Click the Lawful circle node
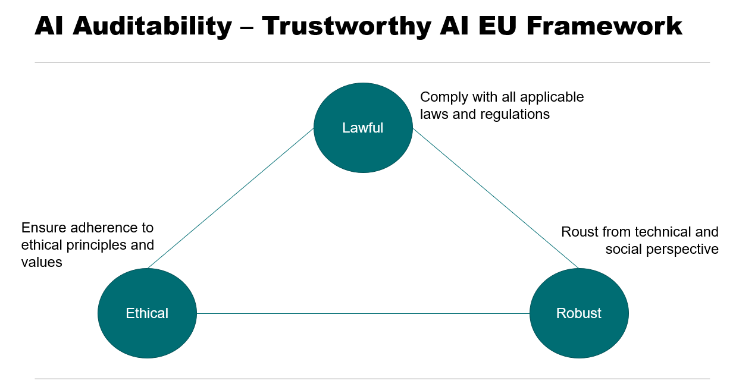[363, 128]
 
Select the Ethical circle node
[147, 313]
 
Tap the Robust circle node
[578, 313]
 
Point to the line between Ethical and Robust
[363, 313]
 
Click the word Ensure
[43, 228]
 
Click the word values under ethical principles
[42, 262]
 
